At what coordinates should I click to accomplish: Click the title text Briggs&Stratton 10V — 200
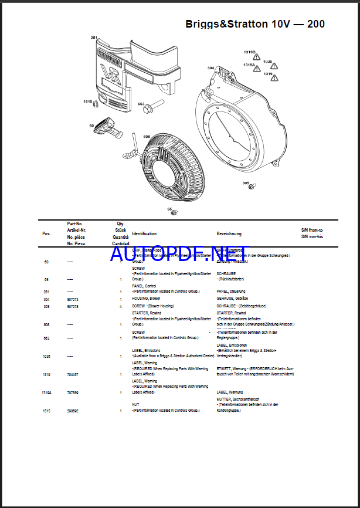pos(255,24)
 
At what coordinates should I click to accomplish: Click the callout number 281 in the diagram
pos(94,38)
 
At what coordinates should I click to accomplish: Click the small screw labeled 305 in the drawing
pos(252,187)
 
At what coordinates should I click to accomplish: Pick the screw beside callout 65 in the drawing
pos(174,212)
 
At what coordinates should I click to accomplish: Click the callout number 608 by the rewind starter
pos(147,136)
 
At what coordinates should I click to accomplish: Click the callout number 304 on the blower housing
pos(210,68)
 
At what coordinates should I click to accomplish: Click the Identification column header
pos(144,233)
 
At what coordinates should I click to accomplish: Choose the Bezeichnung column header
pos(229,233)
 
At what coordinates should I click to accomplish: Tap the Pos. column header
pos(46,233)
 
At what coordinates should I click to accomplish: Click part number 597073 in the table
pos(73,299)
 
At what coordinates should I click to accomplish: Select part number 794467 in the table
pos(73,374)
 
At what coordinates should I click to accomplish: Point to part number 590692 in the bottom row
pos(73,411)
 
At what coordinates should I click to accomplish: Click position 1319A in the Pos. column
pos(47,392)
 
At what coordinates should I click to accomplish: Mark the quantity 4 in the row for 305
pos(121,306)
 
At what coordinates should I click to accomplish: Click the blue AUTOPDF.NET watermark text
pos(179,253)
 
